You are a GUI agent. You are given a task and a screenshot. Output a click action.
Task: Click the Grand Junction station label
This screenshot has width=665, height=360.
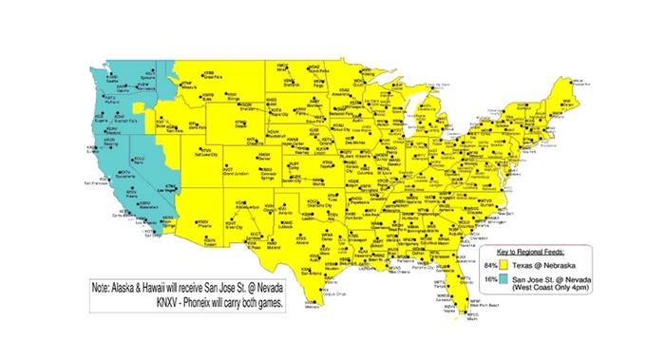[x=236, y=174]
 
